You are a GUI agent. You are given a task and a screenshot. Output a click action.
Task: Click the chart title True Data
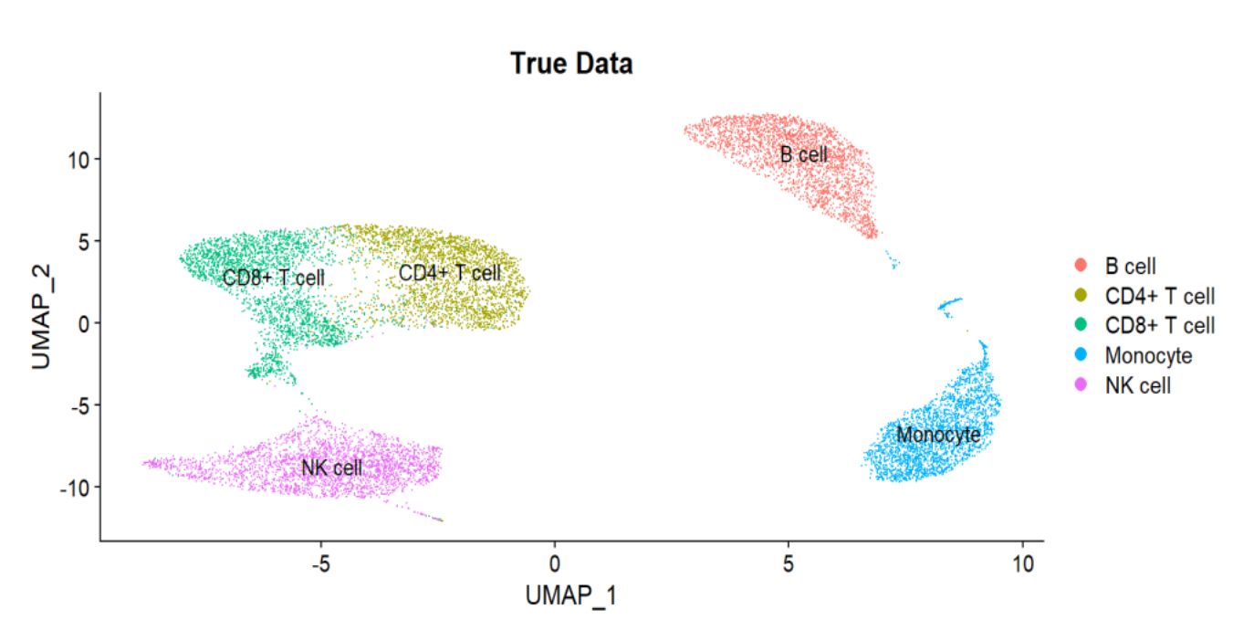tap(571, 64)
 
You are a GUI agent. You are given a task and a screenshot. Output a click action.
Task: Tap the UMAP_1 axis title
tap(570, 595)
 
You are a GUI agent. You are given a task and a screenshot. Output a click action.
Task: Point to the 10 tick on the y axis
tap(78, 159)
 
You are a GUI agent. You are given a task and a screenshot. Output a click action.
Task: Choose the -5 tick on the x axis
tap(319, 564)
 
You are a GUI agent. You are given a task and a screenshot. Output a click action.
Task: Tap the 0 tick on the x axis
tap(554, 564)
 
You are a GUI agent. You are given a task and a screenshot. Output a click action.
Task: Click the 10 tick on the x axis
tap(1023, 564)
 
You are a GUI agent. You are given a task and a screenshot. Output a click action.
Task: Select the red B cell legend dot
tap(1082, 266)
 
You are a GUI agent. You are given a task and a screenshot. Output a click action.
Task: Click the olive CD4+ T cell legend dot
tap(1082, 296)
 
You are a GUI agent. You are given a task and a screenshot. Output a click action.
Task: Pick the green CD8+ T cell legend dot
tap(1082, 325)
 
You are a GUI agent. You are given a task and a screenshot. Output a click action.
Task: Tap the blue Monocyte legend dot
tap(1082, 355)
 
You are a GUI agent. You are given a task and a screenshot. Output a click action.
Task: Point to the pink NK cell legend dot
tap(1082, 385)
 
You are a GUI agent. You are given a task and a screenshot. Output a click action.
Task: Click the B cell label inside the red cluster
tap(803, 154)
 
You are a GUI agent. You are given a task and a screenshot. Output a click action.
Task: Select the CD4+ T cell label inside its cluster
tap(450, 272)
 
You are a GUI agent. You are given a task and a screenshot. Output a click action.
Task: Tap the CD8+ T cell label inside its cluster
tap(274, 277)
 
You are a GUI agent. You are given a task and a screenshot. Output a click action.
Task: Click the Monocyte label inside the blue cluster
tap(938, 435)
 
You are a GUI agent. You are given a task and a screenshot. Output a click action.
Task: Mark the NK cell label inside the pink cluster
tap(332, 468)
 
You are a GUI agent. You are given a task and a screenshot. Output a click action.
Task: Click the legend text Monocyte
tap(1148, 355)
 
